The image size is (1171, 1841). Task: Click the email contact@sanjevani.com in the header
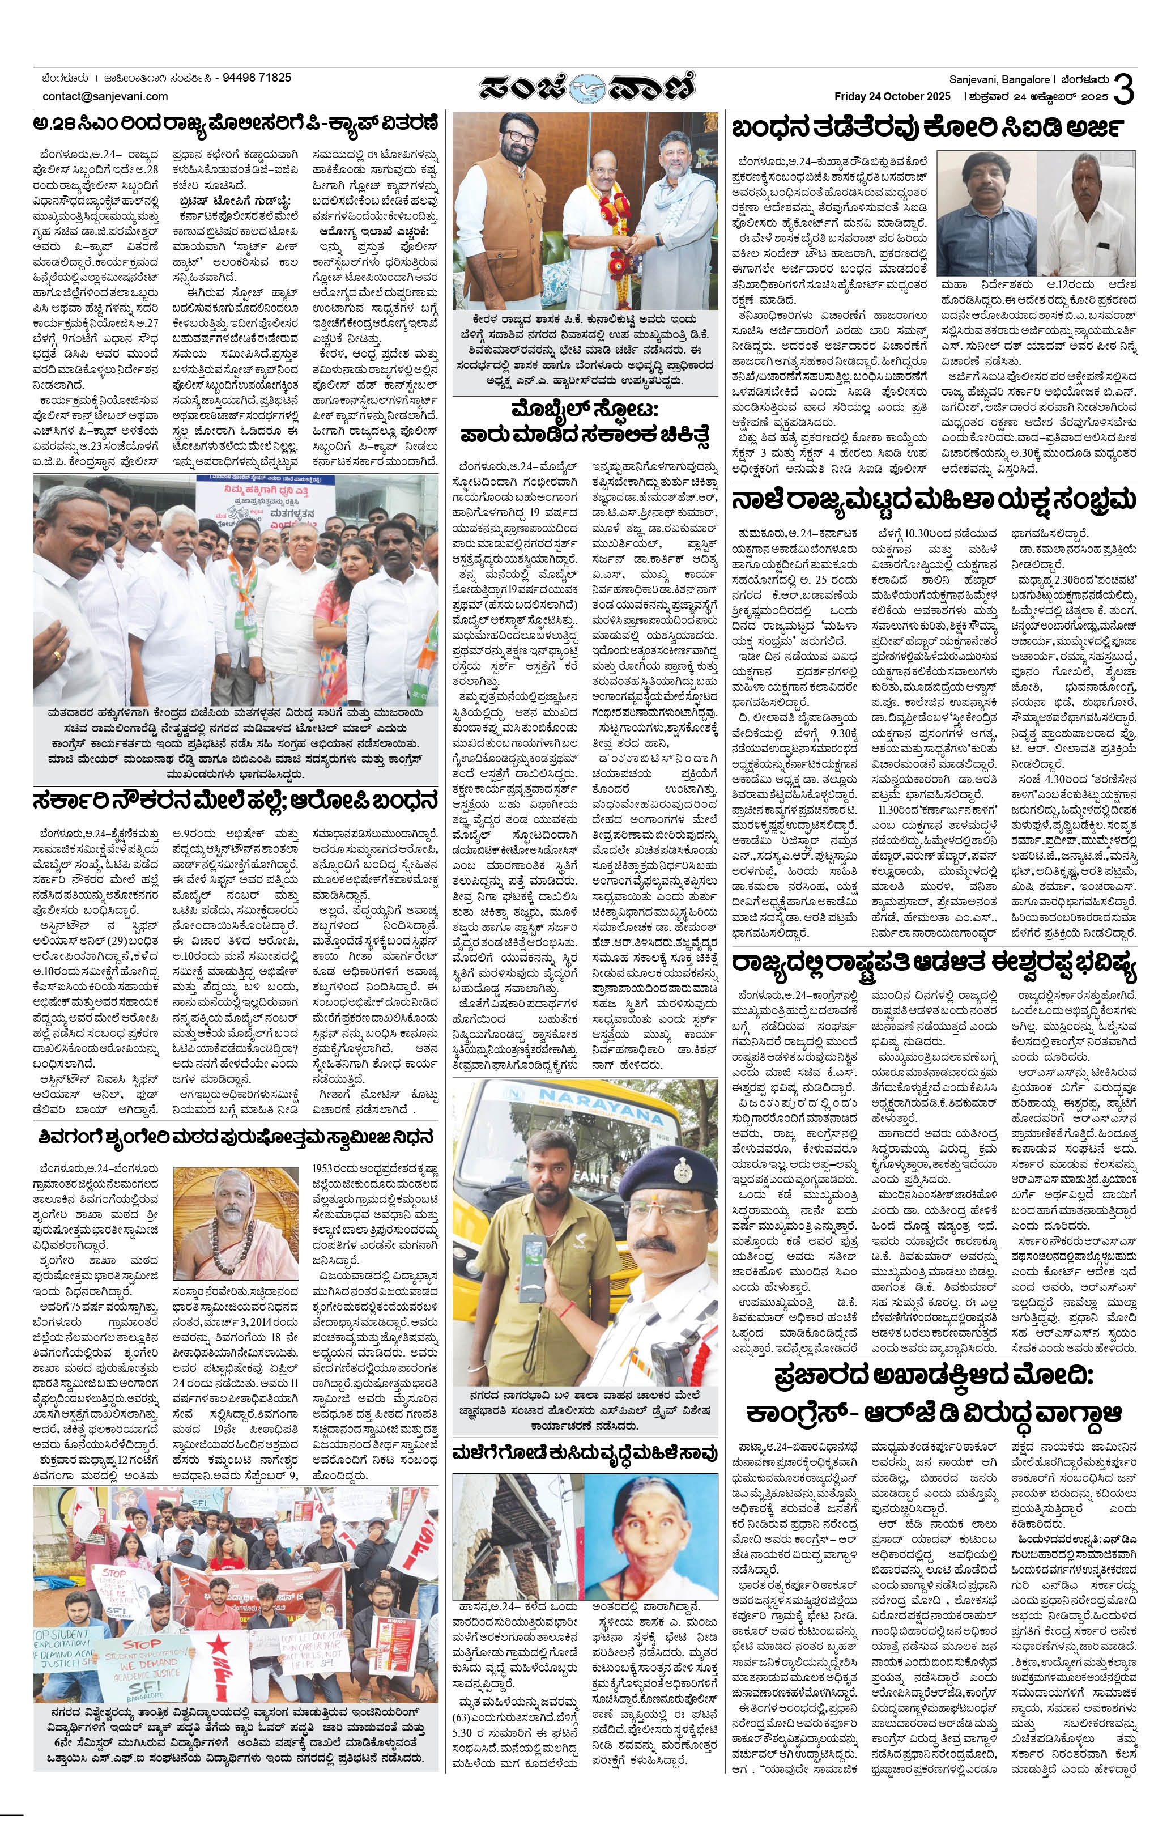pos(105,96)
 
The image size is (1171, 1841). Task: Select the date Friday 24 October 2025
pos(892,96)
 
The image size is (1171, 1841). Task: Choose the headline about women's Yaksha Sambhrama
pos(932,502)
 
